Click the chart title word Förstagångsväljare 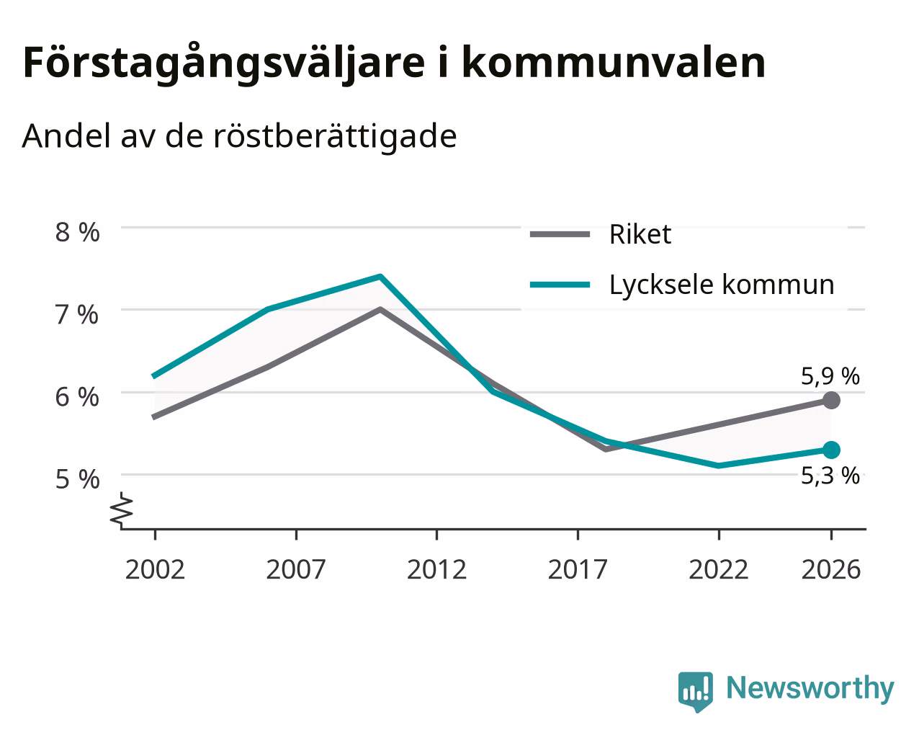224,64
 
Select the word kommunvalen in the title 614,63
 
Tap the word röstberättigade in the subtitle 335,136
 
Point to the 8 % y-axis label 77,233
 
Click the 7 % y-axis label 77,315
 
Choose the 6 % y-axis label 77,398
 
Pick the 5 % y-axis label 77,479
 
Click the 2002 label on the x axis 155,569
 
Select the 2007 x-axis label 296,569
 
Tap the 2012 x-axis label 437,569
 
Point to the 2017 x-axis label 578,569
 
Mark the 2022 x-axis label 719,569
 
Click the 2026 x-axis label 831,569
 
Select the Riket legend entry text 640,234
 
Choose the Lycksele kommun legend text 722,285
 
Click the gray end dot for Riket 831,401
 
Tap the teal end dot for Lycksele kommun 831,450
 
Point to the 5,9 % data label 830,376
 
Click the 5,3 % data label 830,476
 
